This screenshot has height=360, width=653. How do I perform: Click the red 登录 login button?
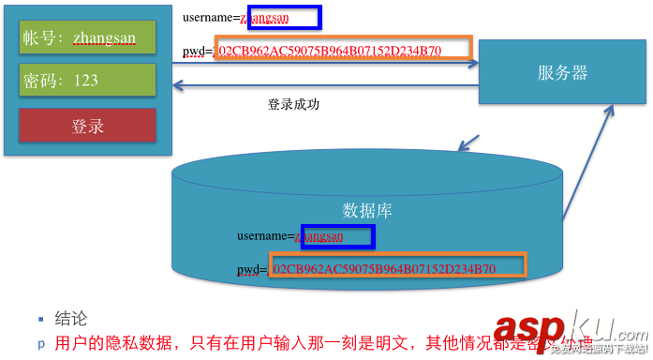pyautogui.click(x=87, y=126)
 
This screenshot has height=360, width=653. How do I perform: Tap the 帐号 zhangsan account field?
pyautogui.click(x=87, y=37)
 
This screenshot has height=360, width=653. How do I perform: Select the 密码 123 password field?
pyautogui.click(x=87, y=81)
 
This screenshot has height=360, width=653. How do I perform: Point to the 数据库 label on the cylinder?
pyautogui.click(x=367, y=211)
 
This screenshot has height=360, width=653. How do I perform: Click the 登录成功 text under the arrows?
pyautogui.click(x=293, y=104)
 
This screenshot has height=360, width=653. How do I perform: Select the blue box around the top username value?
pyautogui.click(x=280, y=17)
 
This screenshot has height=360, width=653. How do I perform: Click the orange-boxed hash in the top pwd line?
pyautogui.click(x=344, y=50)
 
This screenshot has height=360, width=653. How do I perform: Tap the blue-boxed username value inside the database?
pyautogui.click(x=334, y=236)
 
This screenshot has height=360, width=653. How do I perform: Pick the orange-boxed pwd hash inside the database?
pyautogui.click(x=398, y=267)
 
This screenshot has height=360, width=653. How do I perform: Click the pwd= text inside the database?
pyautogui.click(x=252, y=270)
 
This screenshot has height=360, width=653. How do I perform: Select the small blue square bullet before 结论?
pyautogui.click(x=40, y=319)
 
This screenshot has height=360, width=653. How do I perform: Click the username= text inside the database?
pyautogui.click(x=265, y=236)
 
